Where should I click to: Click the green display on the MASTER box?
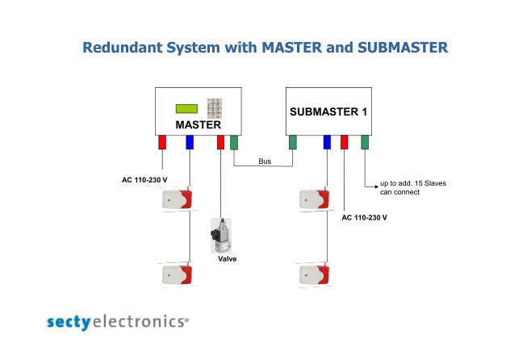[x=186, y=109]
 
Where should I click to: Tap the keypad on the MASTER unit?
[x=215, y=108]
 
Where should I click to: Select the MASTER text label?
[x=198, y=125]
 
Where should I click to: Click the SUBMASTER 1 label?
[x=328, y=112]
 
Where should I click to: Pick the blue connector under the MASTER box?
[x=190, y=142]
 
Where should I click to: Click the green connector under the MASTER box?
[x=234, y=142]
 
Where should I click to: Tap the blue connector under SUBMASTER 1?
[x=327, y=142]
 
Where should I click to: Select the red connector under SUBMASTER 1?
[x=344, y=142]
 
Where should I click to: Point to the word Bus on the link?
[x=265, y=161]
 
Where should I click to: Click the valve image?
[x=221, y=236]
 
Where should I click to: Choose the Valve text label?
[x=227, y=259]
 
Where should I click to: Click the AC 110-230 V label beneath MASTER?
[x=144, y=180]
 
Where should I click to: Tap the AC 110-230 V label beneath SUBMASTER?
[x=364, y=218]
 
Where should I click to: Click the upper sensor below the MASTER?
[x=178, y=199]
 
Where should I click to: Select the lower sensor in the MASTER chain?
[x=178, y=274]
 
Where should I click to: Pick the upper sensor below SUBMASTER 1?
[x=315, y=199]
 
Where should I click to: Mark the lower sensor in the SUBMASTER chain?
[x=315, y=274]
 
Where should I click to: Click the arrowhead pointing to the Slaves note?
[x=377, y=186]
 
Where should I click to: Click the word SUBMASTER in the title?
[x=403, y=48]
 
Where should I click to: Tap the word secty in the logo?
[x=69, y=322]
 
